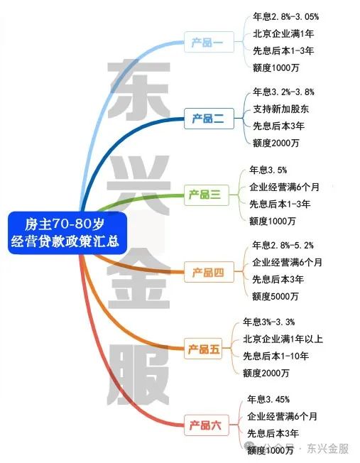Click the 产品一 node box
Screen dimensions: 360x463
pyautogui.click(x=209, y=42)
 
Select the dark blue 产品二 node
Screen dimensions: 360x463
pyautogui.click(x=209, y=119)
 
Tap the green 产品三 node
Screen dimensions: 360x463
pyautogui.click(x=206, y=195)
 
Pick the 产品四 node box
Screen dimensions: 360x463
pyautogui.click(x=209, y=272)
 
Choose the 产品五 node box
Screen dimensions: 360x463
pyautogui.click(x=203, y=349)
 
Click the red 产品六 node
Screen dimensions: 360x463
pyautogui.click(x=206, y=425)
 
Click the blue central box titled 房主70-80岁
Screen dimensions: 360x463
pyautogui.click(x=67, y=233)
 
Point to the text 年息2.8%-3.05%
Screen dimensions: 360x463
pyautogui.click(x=285, y=16)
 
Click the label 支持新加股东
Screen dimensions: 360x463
pyautogui.click(x=281, y=109)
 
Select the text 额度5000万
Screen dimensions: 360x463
pyautogui.click(x=276, y=296)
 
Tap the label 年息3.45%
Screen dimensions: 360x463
pyautogui.click(x=268, y=400)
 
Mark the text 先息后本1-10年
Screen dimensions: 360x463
pyautogui.click(x=276, y=356)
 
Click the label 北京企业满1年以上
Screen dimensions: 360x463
pyautogui.click(x=283, y=339)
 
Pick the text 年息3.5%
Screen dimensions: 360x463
pyautogui.click(x=268, y=170)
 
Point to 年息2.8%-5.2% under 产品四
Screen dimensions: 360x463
pyautogui.click(x=283, y=245)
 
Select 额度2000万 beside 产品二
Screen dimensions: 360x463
pyautogui.click(x=276, y=143)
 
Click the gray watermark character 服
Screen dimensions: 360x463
pyautogui.click(x=138, y=374)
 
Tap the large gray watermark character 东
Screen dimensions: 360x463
pyautogui.click(x=138, y=89)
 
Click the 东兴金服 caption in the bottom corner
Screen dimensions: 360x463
pyautogui.click(x=327, y=449)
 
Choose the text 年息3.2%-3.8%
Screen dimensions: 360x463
pyautogui.click(x=283, y=92)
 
